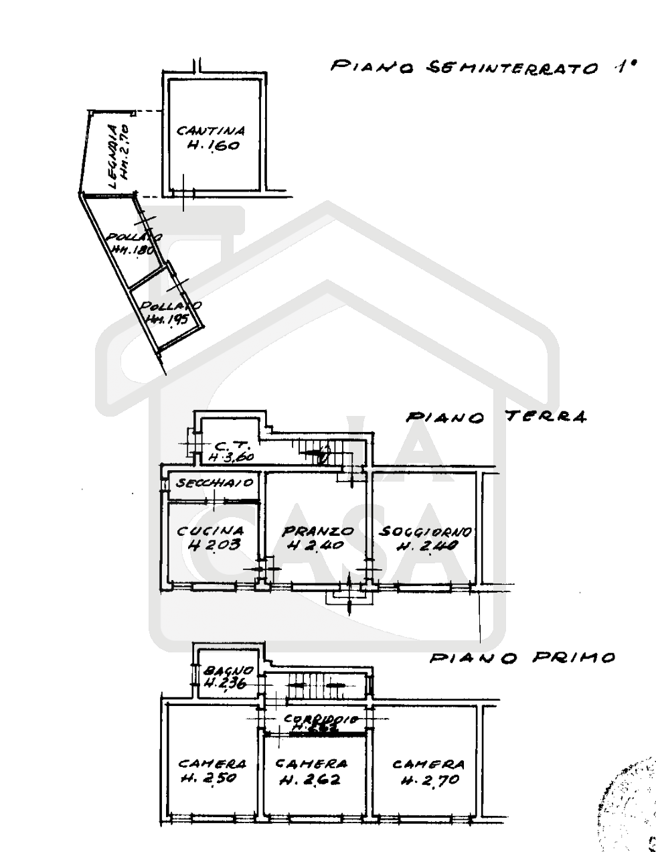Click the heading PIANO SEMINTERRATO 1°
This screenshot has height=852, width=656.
(481, 67)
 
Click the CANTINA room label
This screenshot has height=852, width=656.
(211, 131)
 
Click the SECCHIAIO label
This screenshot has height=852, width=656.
(210, 483)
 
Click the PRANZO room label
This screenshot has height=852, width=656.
(317, 532)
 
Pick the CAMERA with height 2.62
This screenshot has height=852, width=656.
(311, 764)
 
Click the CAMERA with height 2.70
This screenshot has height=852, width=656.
(428, 764)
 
